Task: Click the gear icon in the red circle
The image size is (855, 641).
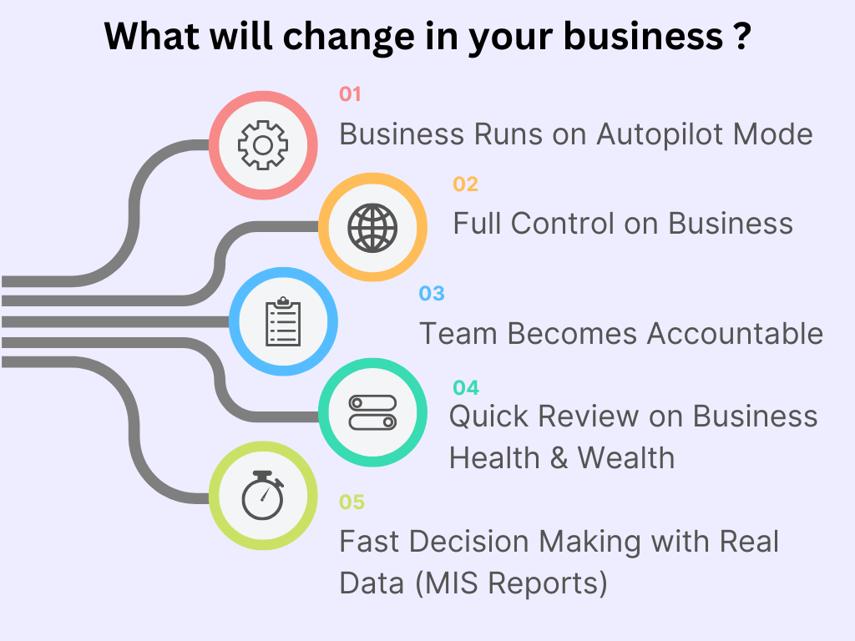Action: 262,145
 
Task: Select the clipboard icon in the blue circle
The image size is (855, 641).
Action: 283,321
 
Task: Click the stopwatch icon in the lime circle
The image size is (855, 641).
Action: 262,497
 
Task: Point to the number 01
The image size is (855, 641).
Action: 350,93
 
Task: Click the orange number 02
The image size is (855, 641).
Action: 465,184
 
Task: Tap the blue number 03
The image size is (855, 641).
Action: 432,293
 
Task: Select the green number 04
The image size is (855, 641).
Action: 466,387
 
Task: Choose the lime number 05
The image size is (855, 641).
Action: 352,502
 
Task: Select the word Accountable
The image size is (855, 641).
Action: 735,333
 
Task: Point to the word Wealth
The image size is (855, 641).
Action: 625,457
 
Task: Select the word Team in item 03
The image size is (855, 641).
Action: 458,333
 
